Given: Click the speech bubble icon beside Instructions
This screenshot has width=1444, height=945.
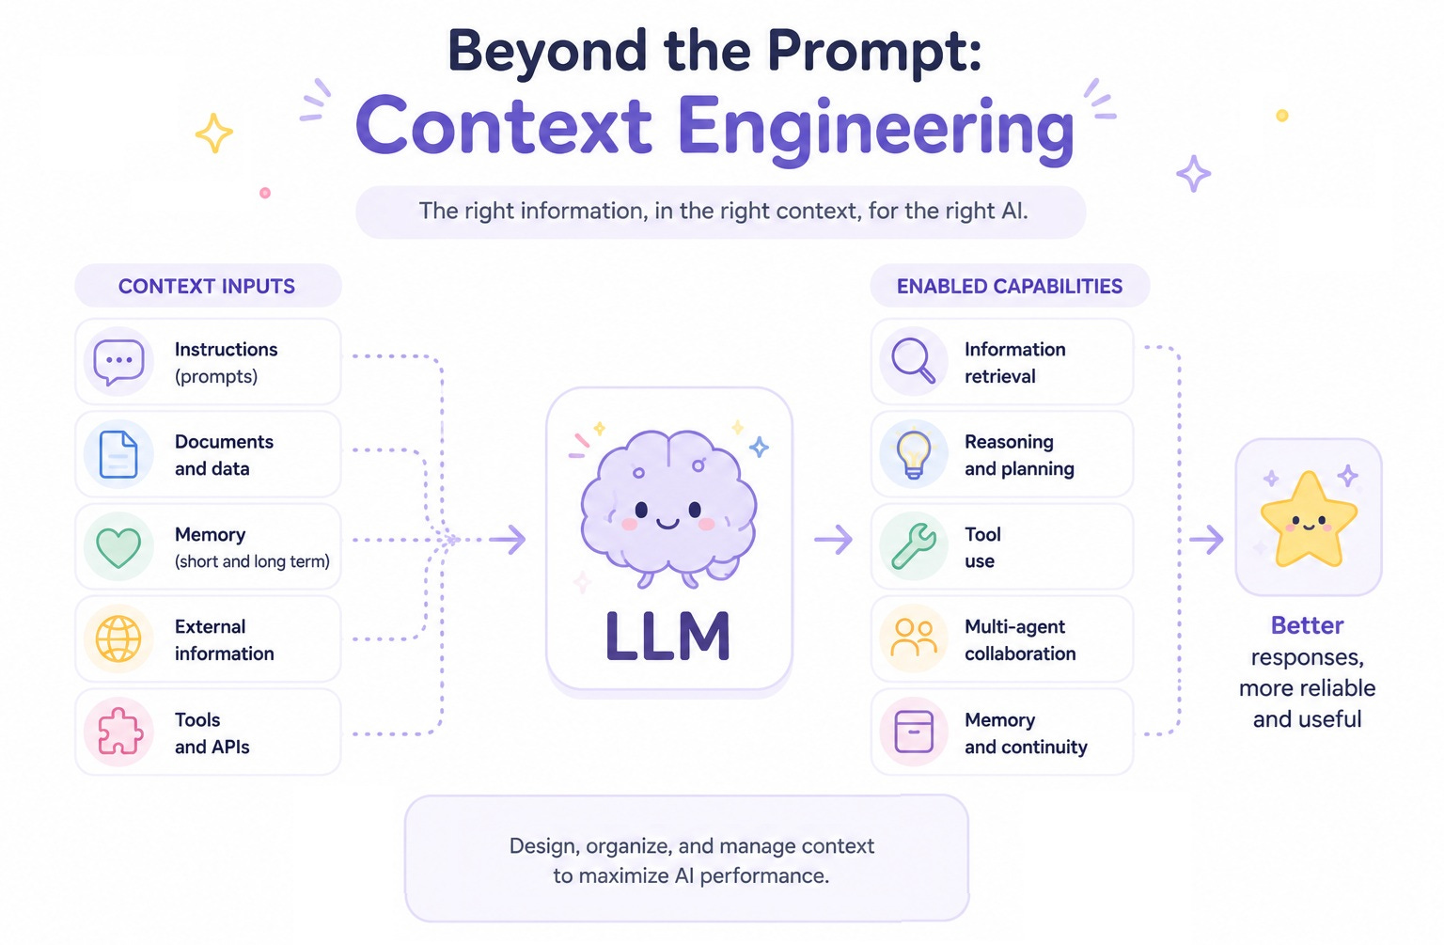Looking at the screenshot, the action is [x=118, y=362].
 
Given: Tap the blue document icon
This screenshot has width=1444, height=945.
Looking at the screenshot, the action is [x=118, y=454].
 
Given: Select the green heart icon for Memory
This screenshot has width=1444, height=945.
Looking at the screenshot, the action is [x=118, y=547].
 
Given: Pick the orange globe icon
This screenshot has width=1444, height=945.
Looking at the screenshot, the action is [x=118, y=638].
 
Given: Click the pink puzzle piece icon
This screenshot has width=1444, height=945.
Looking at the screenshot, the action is [x=119, y=732].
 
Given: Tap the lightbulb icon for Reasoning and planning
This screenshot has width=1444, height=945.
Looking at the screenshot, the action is [x=914, y=454].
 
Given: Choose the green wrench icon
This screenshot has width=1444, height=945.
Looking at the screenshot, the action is [x=914, y=546].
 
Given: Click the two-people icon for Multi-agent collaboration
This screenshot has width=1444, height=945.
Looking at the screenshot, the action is [x=914, y=638].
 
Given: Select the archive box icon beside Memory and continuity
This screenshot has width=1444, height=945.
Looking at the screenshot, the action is [x=914, y=732].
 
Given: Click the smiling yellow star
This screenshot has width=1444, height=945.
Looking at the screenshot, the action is [x=1309, y=520].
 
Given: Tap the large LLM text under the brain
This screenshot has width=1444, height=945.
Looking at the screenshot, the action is [x=667, y=637].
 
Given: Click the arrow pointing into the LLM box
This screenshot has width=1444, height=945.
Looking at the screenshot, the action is [x=508, y=540].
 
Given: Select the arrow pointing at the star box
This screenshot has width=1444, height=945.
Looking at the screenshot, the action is [x=1207, y=540].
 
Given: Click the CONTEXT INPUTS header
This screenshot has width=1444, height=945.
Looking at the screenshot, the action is [x=207, y=286].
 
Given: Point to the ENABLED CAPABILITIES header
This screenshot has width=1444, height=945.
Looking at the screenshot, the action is [x=1010, y=286].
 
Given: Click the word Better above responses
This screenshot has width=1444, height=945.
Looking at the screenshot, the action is [x=1308, y=625].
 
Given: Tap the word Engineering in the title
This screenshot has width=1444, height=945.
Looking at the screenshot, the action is [x=876, y=128].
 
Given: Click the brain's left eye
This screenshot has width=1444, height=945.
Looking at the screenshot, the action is [x=641, y=510].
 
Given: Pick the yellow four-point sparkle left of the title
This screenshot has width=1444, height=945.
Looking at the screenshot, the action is [x=214, y=133].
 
